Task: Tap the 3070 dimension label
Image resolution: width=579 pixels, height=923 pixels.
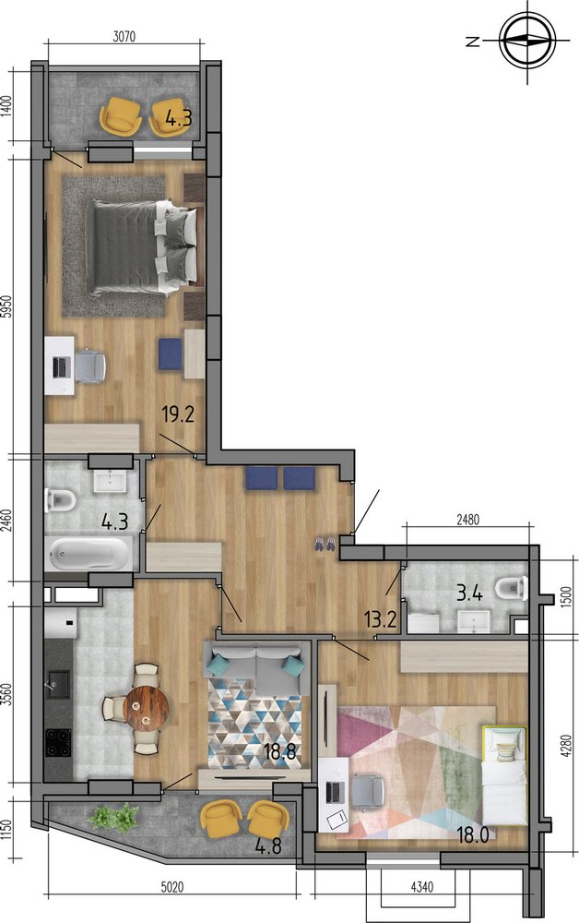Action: (x=124, y=37)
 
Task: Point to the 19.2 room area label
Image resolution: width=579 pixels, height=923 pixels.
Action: (x=178, y=415)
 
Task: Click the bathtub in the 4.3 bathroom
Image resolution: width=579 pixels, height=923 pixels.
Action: (x=89, y=553)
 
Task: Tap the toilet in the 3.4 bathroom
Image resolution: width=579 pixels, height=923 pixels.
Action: (x=512, y=588)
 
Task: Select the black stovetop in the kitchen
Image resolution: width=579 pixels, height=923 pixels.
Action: (x=58, y=743)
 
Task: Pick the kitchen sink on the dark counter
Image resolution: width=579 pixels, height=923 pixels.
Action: (x=57, y=684)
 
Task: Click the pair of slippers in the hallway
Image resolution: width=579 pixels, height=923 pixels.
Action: (x=325, y=544)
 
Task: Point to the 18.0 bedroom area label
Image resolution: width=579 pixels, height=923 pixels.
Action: (x=473, y=834)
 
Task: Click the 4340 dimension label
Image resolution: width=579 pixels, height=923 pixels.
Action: (x=422, y=885)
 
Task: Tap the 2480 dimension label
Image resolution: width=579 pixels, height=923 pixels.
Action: (x=468, y=519)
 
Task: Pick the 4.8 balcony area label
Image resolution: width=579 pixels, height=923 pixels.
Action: (x=268, y=845)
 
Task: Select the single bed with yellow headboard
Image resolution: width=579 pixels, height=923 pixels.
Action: (x=503, y=775)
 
